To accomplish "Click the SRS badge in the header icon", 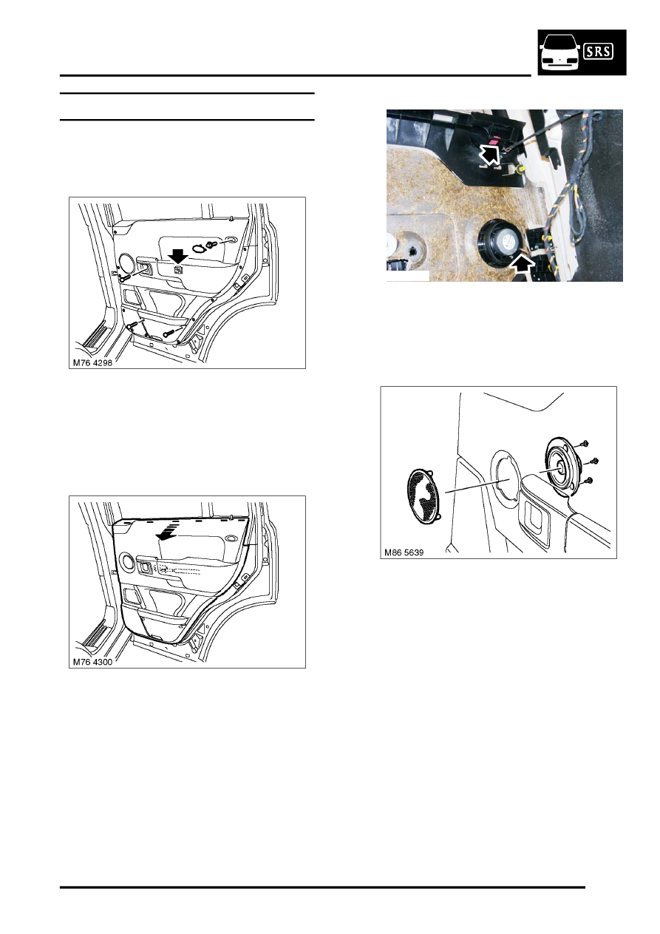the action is click(x=599, y=52).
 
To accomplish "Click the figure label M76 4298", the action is click(x=92, y=363).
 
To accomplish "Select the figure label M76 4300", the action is click(x=92, y=662).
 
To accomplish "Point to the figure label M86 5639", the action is click(x=404, y=552).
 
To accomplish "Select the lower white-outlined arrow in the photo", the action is click(x=523, y=265).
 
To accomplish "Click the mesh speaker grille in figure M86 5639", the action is click(x=425, y=498).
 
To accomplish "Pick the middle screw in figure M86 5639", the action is click(x=593, y=461).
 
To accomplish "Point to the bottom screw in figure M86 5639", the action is click(x=588, y=481).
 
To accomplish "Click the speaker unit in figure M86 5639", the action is click(x=562, y=467).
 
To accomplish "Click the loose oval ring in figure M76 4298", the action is click(x=198, y=248).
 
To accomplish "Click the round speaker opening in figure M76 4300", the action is click(x=126, y=561).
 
